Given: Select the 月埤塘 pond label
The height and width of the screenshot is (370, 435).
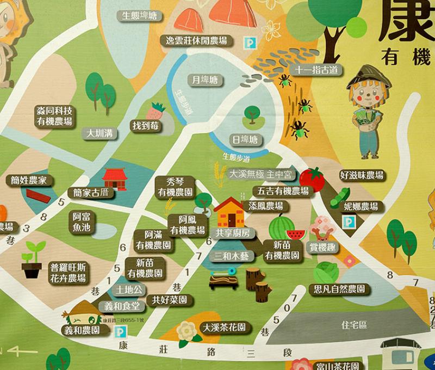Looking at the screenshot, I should [x=204, y=80].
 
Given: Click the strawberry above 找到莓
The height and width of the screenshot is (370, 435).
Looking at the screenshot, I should [x=158, y=111].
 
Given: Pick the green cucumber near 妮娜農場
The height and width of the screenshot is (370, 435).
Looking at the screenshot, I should [x=341, y=196].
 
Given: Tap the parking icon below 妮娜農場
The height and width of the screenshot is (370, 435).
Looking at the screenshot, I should [x=346, y=221].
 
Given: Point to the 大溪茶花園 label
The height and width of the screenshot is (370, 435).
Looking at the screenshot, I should [x=223, y=328].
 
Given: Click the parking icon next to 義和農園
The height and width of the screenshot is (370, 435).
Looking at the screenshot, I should [x=116, y=329].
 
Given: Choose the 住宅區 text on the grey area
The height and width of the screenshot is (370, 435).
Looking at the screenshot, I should [x=353, y=325].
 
